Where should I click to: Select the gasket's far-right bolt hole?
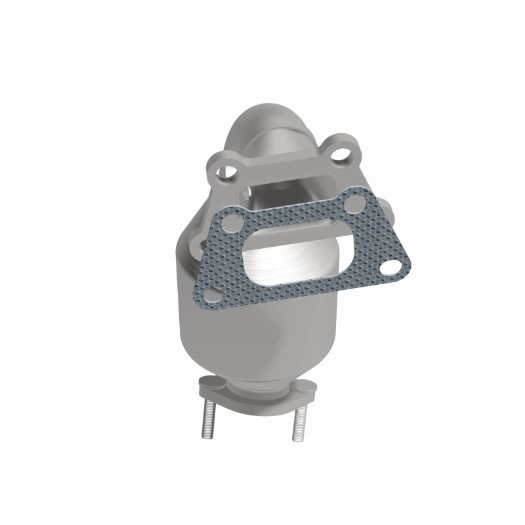(x=392, y=268)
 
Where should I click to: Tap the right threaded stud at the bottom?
(x=300, y=420)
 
